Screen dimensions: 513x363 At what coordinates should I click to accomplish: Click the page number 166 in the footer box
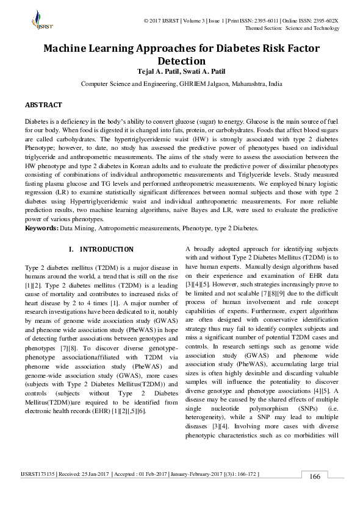click(x=315, y=476)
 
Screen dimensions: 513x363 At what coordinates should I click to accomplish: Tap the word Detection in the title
click(x=181, y=62)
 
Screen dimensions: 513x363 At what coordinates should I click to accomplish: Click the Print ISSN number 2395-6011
click(x=262, y=21)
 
